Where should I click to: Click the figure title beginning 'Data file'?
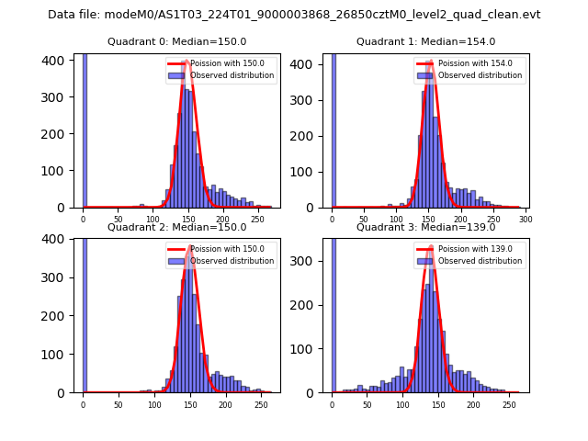tap(294, 15)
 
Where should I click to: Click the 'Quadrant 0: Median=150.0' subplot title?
tap(176, 41)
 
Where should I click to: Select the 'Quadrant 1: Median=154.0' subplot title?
tap(425, 41)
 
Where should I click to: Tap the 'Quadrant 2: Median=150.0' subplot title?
tap(176, 227)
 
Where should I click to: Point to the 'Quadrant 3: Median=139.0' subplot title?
tap(425, 227)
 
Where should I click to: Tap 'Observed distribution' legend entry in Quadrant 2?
tap(232, 261)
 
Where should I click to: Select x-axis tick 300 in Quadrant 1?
tap(526, 220)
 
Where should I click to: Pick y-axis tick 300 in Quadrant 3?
tap(309, 261)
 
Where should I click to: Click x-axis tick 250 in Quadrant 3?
tap(509, 404)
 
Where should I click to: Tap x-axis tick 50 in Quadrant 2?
tap(119, 404)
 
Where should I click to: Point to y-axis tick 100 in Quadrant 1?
tap(309, 171)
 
